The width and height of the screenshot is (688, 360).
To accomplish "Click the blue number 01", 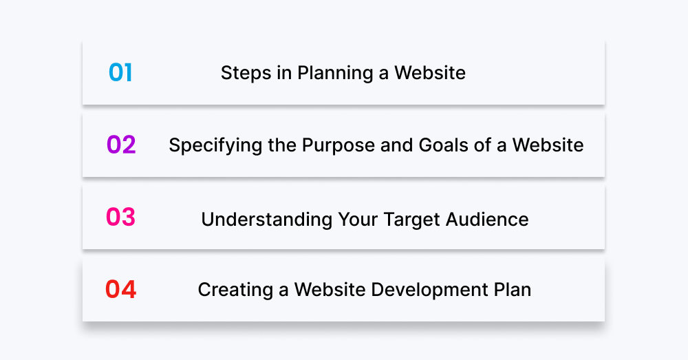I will pyautogui.click(x=120, y=72).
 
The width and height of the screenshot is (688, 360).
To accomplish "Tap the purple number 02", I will pyautogui.click(x=121, y=145).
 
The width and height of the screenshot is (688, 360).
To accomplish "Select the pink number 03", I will pyautogui.click(x=120, y=218).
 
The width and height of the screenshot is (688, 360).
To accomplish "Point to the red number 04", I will pyautogui.click(x=120, y=290).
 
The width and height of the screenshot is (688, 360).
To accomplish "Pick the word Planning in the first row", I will pyautogui.click(x=330, y=73).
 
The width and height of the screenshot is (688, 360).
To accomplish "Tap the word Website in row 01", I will pyautogui.click(x=430, y=73).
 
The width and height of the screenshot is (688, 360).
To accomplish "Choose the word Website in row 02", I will pyautogui.click(x=548, y=146).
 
